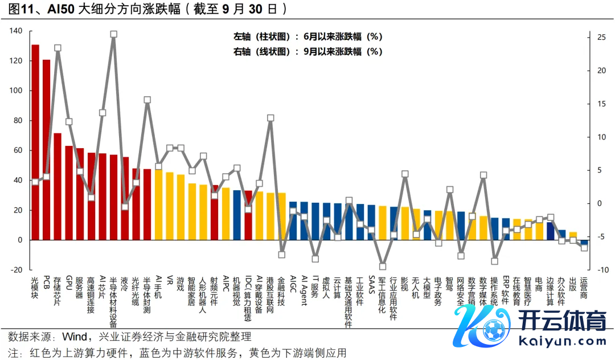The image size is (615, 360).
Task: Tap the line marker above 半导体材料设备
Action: coord(114,34)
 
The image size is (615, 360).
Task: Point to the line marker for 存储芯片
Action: coord(58,48)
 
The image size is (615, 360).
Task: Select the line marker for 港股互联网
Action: coord(270,118)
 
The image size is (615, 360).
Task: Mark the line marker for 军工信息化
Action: coord(383,266)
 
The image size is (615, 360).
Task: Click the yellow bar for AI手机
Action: coord(158,204)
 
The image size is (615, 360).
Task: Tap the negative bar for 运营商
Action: coord(584,242)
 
